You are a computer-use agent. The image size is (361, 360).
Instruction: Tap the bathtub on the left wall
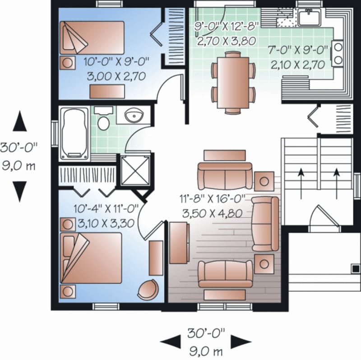(74, 133)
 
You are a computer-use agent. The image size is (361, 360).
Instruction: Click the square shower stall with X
(135, 170)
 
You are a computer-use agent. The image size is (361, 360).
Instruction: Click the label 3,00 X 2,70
(116, 76)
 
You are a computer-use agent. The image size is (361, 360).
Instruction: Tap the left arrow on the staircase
(301, 183)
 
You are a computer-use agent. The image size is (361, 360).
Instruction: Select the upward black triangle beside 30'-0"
(19, 122)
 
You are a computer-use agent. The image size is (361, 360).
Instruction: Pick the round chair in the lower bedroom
(148, 290)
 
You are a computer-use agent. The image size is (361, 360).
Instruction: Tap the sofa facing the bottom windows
(226, 274)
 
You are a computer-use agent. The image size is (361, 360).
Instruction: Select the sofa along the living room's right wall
(266, 224)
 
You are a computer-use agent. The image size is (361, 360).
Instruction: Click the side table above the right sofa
(264, 181)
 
